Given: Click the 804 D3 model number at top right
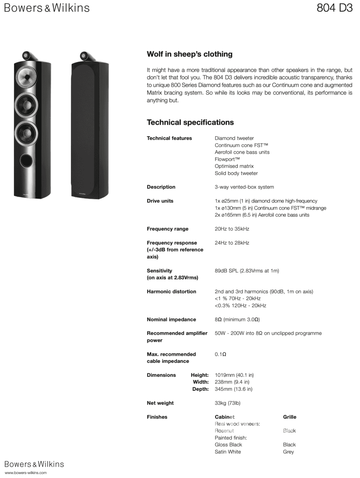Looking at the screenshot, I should pos(335,8).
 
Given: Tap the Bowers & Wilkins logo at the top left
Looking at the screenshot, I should pos(47,8).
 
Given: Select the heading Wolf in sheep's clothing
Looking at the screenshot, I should pos(190,54).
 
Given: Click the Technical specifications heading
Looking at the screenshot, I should pos(190,122).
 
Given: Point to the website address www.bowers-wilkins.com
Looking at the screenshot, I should pos(25,473).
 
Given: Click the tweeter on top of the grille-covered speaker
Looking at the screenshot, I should pos(84,55).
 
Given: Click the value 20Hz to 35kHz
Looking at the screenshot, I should pos(232,229).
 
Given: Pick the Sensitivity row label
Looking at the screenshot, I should pos(159,271).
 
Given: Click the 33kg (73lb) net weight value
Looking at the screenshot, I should pos(227,403).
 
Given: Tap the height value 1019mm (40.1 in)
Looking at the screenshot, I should pos(234,375).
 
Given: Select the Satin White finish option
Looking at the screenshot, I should pos(228,452).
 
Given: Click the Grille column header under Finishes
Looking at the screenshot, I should pos(290,417).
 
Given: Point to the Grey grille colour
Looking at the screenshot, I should pos(288,452).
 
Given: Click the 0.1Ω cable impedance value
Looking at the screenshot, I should pos(220,354).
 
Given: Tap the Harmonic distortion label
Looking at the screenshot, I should pos(171,292).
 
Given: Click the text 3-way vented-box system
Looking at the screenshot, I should pos(244,187).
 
